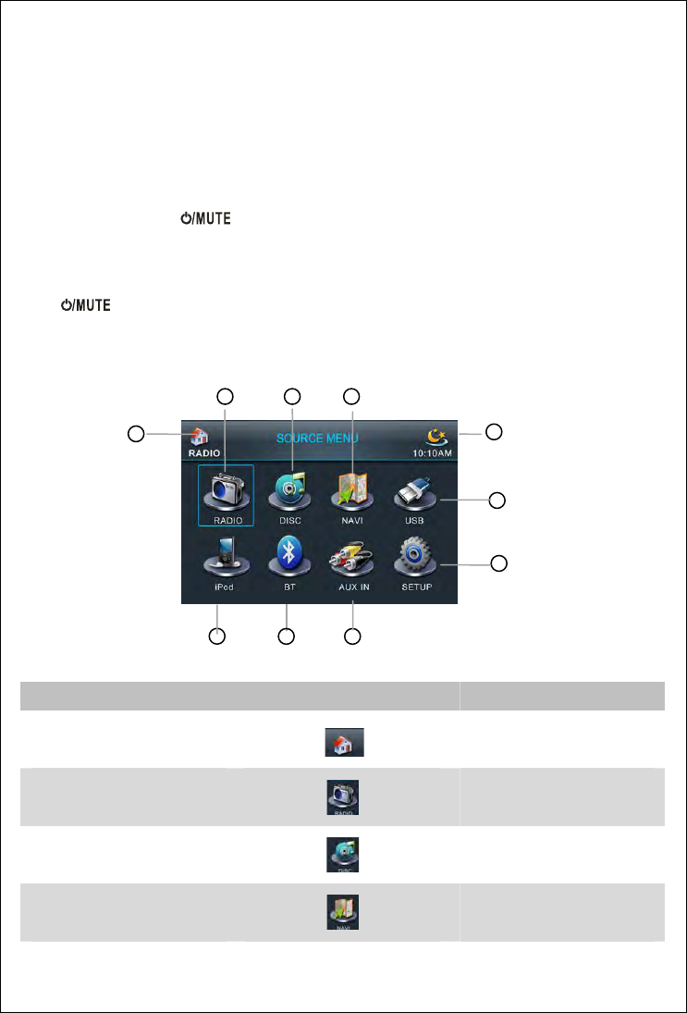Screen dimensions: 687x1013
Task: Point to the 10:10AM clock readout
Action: pos(432,453)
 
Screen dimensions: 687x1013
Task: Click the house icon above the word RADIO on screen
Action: pos(201,437)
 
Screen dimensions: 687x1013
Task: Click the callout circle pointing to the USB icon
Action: pos(497,500)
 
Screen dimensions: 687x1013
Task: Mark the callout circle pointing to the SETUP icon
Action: pos(497,562)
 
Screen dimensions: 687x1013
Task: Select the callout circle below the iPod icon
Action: pos(216,636)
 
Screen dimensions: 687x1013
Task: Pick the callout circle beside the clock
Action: pos(495,431)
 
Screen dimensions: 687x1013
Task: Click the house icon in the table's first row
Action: pos(344,742)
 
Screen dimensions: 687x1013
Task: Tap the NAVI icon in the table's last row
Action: pos(344,914)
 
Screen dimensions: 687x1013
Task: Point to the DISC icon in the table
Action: pos(344,855)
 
